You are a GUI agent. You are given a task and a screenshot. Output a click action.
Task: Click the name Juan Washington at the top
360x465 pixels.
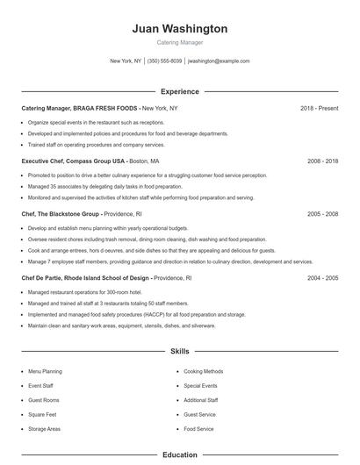(179, 29)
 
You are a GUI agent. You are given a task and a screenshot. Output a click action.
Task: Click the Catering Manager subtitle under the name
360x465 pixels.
(179, 42)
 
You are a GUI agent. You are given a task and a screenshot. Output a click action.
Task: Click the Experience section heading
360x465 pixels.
(179, 91)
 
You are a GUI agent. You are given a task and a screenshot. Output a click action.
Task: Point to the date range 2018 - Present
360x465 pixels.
(319, 108)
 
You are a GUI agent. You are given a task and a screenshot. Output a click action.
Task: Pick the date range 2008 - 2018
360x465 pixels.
(321, 161)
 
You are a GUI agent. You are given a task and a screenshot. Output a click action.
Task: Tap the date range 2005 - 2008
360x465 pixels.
(321, 213)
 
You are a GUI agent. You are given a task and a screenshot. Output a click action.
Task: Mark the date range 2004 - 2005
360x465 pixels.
(321, 277)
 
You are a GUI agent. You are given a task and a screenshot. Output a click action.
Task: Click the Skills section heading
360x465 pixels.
(179, 351)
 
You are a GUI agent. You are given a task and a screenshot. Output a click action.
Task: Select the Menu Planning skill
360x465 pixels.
(45, 371)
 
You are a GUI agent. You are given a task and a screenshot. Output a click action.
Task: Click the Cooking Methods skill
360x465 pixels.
(203, 371)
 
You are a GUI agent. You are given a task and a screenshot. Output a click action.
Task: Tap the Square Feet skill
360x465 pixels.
(42, 414)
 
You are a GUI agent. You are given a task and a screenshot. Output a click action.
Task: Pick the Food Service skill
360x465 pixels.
(198, 429)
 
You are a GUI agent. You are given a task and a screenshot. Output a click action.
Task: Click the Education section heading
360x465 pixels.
(179, 455)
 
